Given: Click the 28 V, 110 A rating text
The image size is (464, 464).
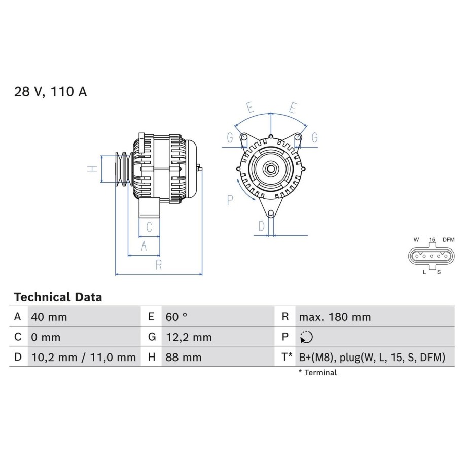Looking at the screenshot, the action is [51, 91].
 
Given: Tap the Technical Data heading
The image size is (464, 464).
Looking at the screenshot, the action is [58, 297].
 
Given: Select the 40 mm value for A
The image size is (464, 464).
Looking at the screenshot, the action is [49, 317].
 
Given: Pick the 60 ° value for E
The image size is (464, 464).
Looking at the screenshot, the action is [176, 317].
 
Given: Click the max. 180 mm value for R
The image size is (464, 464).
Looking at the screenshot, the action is [335, 317].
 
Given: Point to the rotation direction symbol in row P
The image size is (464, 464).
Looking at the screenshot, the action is [306, 337].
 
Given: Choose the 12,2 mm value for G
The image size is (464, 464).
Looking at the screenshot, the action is [189, 337].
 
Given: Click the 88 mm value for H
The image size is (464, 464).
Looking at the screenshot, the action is [184, 357].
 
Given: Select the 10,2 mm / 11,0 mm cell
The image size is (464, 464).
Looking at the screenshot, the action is [84, 358].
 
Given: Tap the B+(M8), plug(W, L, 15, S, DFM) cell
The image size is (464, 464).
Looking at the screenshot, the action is [372, 358].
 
